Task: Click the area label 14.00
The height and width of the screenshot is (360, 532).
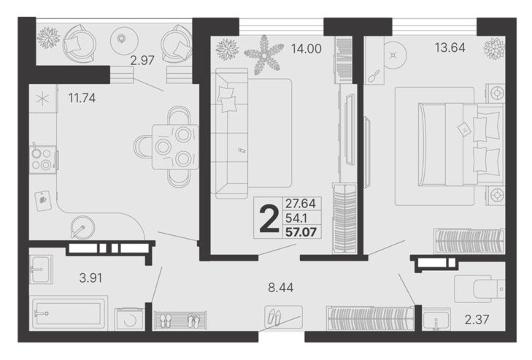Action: (x=306, y=49)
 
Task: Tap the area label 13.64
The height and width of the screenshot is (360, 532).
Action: (x=450, y=48)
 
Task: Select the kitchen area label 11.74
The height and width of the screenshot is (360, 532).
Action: (x=82, y=98)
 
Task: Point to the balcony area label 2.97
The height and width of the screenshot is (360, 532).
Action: (x=142, y=61)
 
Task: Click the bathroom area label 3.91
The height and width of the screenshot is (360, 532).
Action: (x=90, y=278)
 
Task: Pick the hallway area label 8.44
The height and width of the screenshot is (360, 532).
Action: (x=280, y=288)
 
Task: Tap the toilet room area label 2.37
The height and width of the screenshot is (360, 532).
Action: (x=477, y=320)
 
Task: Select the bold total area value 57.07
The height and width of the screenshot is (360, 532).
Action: (x=301, y=232)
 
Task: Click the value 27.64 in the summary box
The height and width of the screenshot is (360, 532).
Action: (x=301, y=204)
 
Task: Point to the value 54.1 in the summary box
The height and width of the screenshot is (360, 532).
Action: (x=296, y=218)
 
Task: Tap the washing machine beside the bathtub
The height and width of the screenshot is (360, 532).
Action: (x=129, y=318)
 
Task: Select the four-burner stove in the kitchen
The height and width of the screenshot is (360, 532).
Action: (x=43, y=159)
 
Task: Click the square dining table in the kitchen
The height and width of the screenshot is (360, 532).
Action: (x=175, y=147)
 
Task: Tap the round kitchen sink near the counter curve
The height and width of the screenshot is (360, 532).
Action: (x=82, y=228)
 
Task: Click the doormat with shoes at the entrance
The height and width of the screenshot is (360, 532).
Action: (x=284, y=316)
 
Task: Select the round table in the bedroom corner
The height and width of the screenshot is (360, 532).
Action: (x=393, y=55)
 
